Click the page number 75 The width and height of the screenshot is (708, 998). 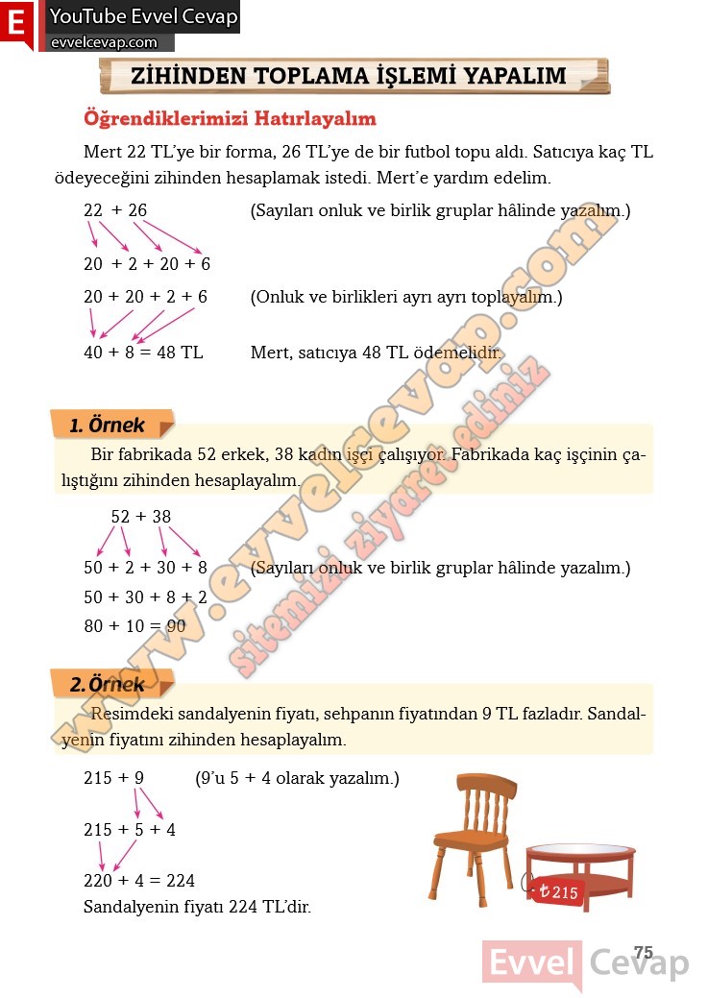[x=644, y=953]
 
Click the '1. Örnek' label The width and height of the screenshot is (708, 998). [x=108, y=425]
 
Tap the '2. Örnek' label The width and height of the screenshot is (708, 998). [x=108, y=685]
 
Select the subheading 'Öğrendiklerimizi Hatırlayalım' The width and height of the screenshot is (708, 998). [x=231, y=119]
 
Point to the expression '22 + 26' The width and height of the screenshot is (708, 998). [x=115, y=210]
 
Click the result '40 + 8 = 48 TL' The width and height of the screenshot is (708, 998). [x=143, y=352]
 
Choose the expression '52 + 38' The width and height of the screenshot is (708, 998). [x=141, y=517]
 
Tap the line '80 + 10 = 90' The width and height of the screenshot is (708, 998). [x=134, y=626]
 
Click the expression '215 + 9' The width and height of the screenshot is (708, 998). [x=113, y=778]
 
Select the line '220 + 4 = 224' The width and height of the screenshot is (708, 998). [x=139, y=880]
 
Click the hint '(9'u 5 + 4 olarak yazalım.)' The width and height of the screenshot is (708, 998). [x=297, y=778]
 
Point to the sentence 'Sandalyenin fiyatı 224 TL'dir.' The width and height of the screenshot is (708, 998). [x=197, y=907]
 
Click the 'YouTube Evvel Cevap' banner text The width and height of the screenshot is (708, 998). [x=143, y=16]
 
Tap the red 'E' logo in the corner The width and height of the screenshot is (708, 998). [x=16, y=23]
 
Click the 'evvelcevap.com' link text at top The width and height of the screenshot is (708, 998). [x=103, y=42]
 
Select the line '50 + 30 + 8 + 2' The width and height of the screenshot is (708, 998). [x=145, y=597]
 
